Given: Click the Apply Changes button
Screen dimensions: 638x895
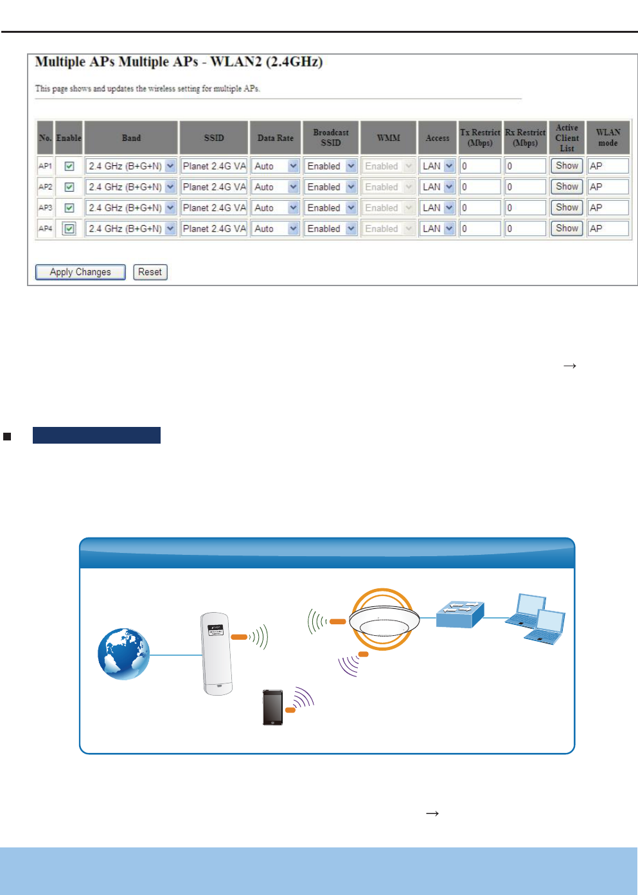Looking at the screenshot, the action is pyautogui.click(x=80, y=272).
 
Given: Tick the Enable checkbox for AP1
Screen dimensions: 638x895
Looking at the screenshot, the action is pyautogui.click(x=69, y=166).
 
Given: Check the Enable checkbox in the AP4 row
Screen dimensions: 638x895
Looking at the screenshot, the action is pyautogui.click(x=69, y=228).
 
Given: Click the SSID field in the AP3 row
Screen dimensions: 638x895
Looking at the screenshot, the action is pyautogui.click(x=214, y=208).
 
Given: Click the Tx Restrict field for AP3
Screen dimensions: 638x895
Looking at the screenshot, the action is pyautogui.click(x=480, y=208).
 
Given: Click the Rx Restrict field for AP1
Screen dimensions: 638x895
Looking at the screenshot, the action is pyautogui.click(x=525, y=166).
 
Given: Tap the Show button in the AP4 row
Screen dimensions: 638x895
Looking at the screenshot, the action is pyautogui.click(x=567, y=228).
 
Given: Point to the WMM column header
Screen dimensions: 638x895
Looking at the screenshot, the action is pyautogui.click(x=388, y=138).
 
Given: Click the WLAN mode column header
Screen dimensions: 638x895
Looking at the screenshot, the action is pyautogui.click(x=608, y=138).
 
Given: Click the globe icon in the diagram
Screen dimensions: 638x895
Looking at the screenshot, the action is pyautogui.click(x=123, y=654).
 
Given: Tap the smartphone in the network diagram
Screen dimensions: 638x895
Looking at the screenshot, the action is pyautogui.click(x=272, y=707).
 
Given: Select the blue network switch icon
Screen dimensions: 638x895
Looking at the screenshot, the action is pyautogui.click(x=460, y=615).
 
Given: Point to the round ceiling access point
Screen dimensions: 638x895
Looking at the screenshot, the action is pyautogui.click(x=384, y=620).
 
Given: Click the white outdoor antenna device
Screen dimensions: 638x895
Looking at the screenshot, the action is pyautogui.click(x=216, y=653).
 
